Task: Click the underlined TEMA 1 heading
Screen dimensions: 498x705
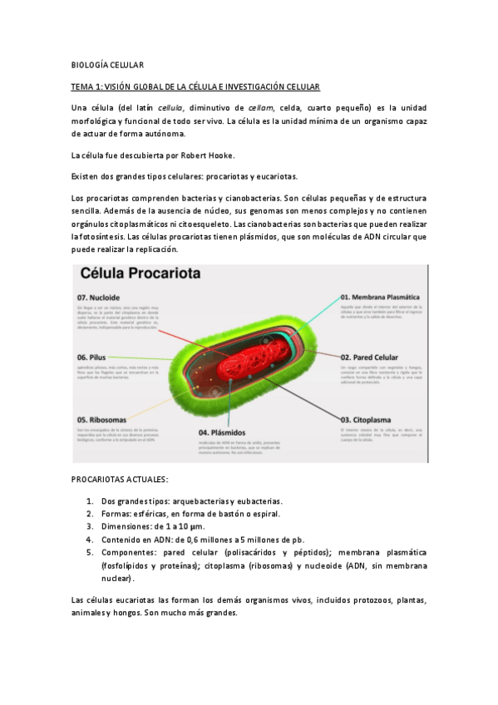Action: click(x=195, y=86)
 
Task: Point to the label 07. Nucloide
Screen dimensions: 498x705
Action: click(x=100, y=297)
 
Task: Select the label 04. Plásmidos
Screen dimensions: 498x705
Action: click(x=222, y=432)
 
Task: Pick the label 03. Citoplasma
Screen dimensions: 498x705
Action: click(x=367, y=420)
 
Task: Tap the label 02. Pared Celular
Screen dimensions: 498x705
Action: click(x=370, y=357)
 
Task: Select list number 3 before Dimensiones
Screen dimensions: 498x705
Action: click(x=90, y=526)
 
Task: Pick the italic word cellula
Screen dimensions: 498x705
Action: click(x=170, y=108)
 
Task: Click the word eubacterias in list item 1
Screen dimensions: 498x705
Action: click(x=255, y=501)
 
